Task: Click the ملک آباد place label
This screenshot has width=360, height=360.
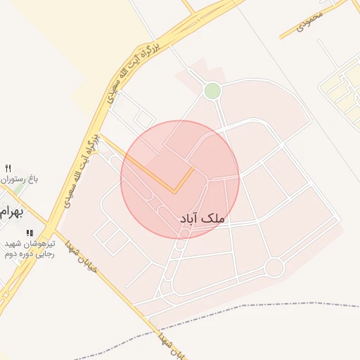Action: point(203,219)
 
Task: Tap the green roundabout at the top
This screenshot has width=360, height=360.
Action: point(212,91)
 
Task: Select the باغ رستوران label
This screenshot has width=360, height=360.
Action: point(19,179)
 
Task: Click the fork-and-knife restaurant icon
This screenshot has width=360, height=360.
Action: point(8,167)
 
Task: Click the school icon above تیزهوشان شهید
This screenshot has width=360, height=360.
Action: point(29,233)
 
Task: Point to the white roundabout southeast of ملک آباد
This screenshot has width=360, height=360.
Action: point(274,267)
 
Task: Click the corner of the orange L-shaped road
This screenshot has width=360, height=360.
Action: point(174,190)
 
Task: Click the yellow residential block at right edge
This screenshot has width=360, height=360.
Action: point(342,88)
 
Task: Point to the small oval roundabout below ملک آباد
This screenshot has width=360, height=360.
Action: point(183,234)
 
